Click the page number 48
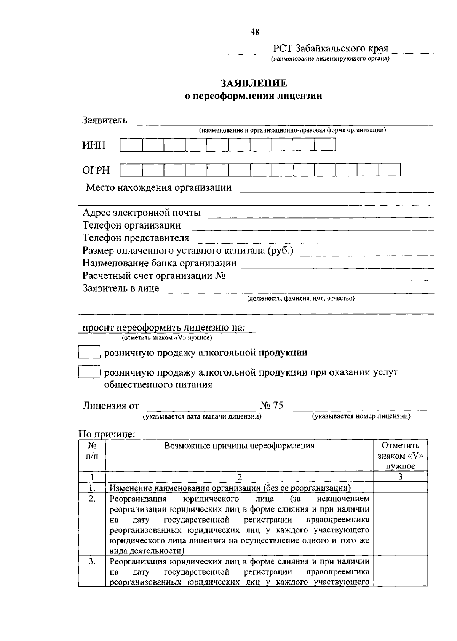255,32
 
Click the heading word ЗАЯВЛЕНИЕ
254,83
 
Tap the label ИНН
94,145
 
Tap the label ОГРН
96,170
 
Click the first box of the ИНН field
131,145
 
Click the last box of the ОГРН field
389,170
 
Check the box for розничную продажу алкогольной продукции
89,352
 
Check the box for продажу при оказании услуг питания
89,372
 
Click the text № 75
272,405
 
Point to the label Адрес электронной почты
142,213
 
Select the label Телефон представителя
136,238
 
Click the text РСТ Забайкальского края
331,49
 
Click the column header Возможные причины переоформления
239,446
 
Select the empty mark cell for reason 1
400,488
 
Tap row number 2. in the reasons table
92,499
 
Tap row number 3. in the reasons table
92,561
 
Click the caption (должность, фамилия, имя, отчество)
301,299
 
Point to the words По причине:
107,434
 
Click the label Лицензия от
111,406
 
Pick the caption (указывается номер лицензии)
361,416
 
